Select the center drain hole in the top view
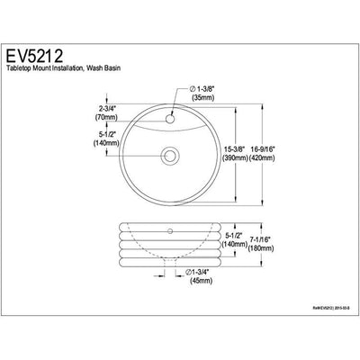pyautogui.click(x=168, y=156)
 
